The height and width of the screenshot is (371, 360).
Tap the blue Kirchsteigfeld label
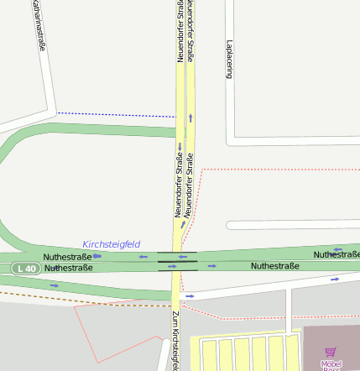click(x=111, y=244)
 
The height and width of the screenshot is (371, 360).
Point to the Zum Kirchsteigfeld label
click(x=175, y=340)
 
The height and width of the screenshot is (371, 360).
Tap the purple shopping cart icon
click(x=331, y=353)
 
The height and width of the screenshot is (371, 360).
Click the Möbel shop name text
click(x=331, y=363)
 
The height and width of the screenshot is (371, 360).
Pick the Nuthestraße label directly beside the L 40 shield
click(x=68, y=268)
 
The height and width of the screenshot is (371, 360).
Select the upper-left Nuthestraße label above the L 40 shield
click(x=68, y=256)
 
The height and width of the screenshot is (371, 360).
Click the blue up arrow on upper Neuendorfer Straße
click(x=190, y=118)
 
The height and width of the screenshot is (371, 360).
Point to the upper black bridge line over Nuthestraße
click(x=177, y=252)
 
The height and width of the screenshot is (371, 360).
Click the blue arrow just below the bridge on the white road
click(x=190, y=296)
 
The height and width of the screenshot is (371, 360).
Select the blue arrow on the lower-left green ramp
click(x=55, y=285)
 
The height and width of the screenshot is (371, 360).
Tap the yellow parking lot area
click(x=243, y=353)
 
